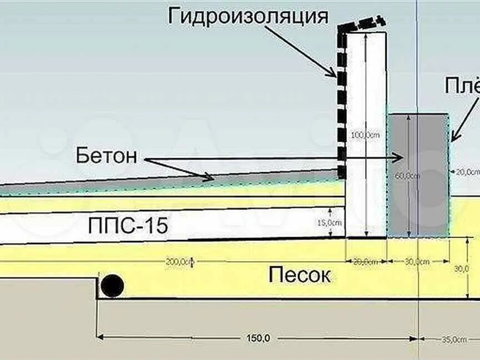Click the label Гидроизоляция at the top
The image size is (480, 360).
[248, 16]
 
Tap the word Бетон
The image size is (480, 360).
[106, 156]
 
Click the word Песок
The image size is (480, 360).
[299, 274]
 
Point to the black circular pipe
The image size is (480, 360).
[112, 286]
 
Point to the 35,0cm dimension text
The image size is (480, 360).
[454, 338]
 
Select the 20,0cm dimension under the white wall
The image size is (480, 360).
[367, 261]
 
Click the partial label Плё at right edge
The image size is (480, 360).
[462, 86]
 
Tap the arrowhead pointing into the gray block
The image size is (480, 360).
[397, 158]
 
